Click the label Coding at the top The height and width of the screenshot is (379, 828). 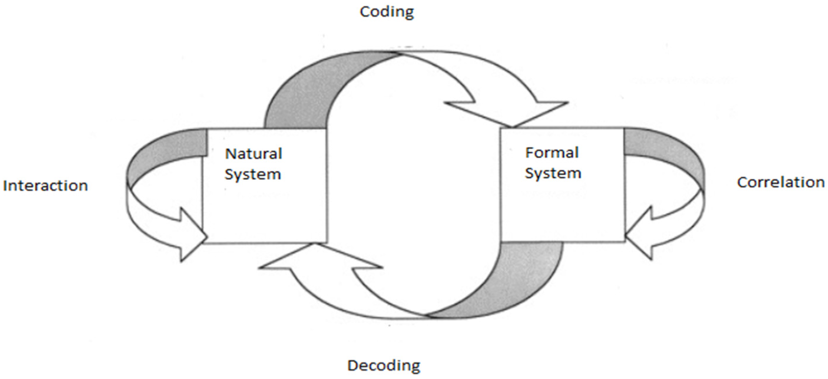(387, 12)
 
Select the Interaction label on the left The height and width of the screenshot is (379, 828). (45, 186)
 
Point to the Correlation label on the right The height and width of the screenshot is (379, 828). (780, 182)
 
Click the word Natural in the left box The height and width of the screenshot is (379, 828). (253, 154)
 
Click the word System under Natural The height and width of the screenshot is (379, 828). (253, 174)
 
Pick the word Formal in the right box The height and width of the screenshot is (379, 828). (552, 152)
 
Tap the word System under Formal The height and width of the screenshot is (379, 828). (553, 173)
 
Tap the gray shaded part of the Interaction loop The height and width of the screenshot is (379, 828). (161, 154)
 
